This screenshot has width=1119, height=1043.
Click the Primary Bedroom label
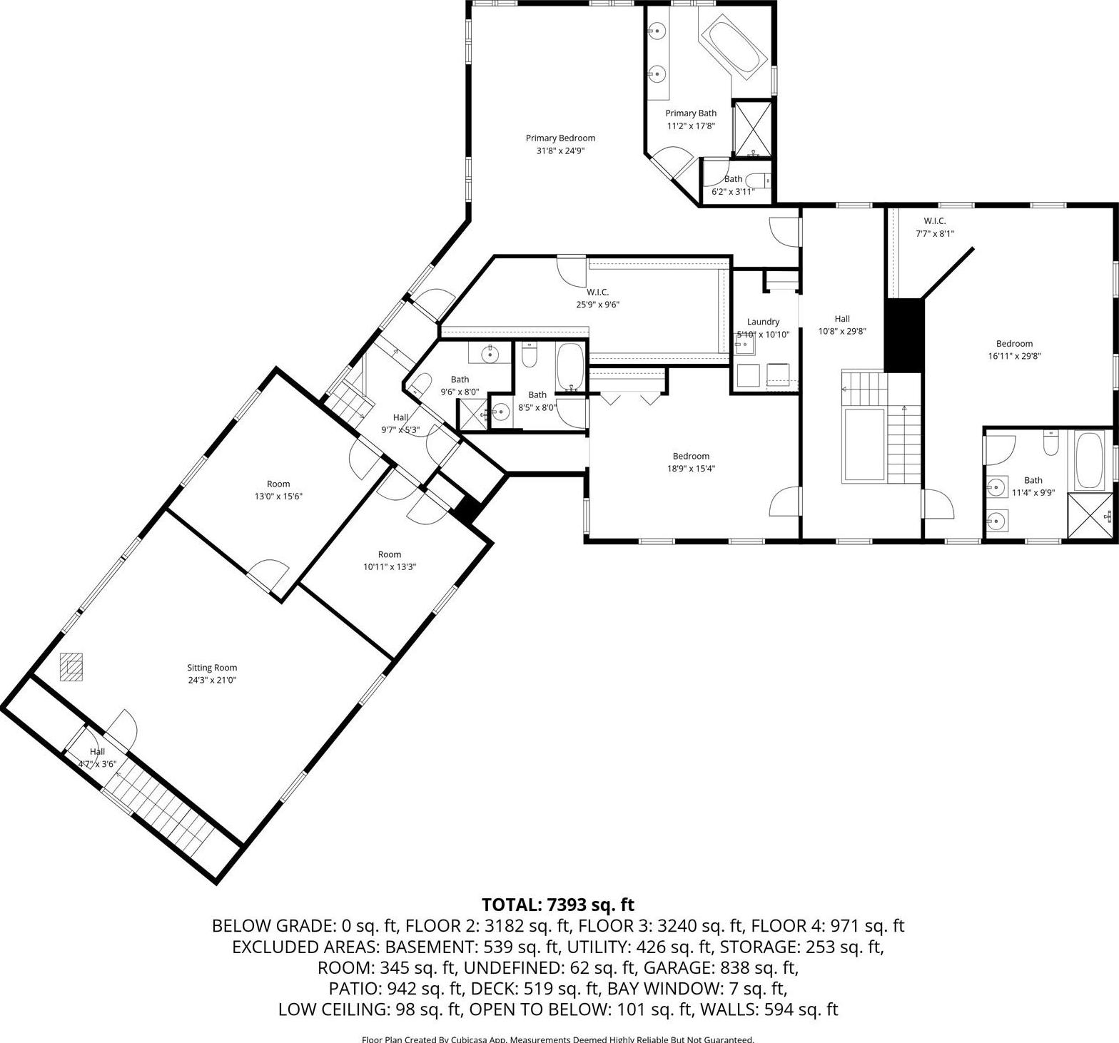[560, 138]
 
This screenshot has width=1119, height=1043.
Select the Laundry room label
[763, 322]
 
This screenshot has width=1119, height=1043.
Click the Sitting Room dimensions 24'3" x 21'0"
[212, 680]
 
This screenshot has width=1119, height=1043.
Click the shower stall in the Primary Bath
[753, 128]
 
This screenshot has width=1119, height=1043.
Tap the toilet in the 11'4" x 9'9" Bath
[1050, 443]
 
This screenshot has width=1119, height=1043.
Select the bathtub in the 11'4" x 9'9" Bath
[1089, 460]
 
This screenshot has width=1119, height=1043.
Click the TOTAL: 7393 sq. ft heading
[558, 905]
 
